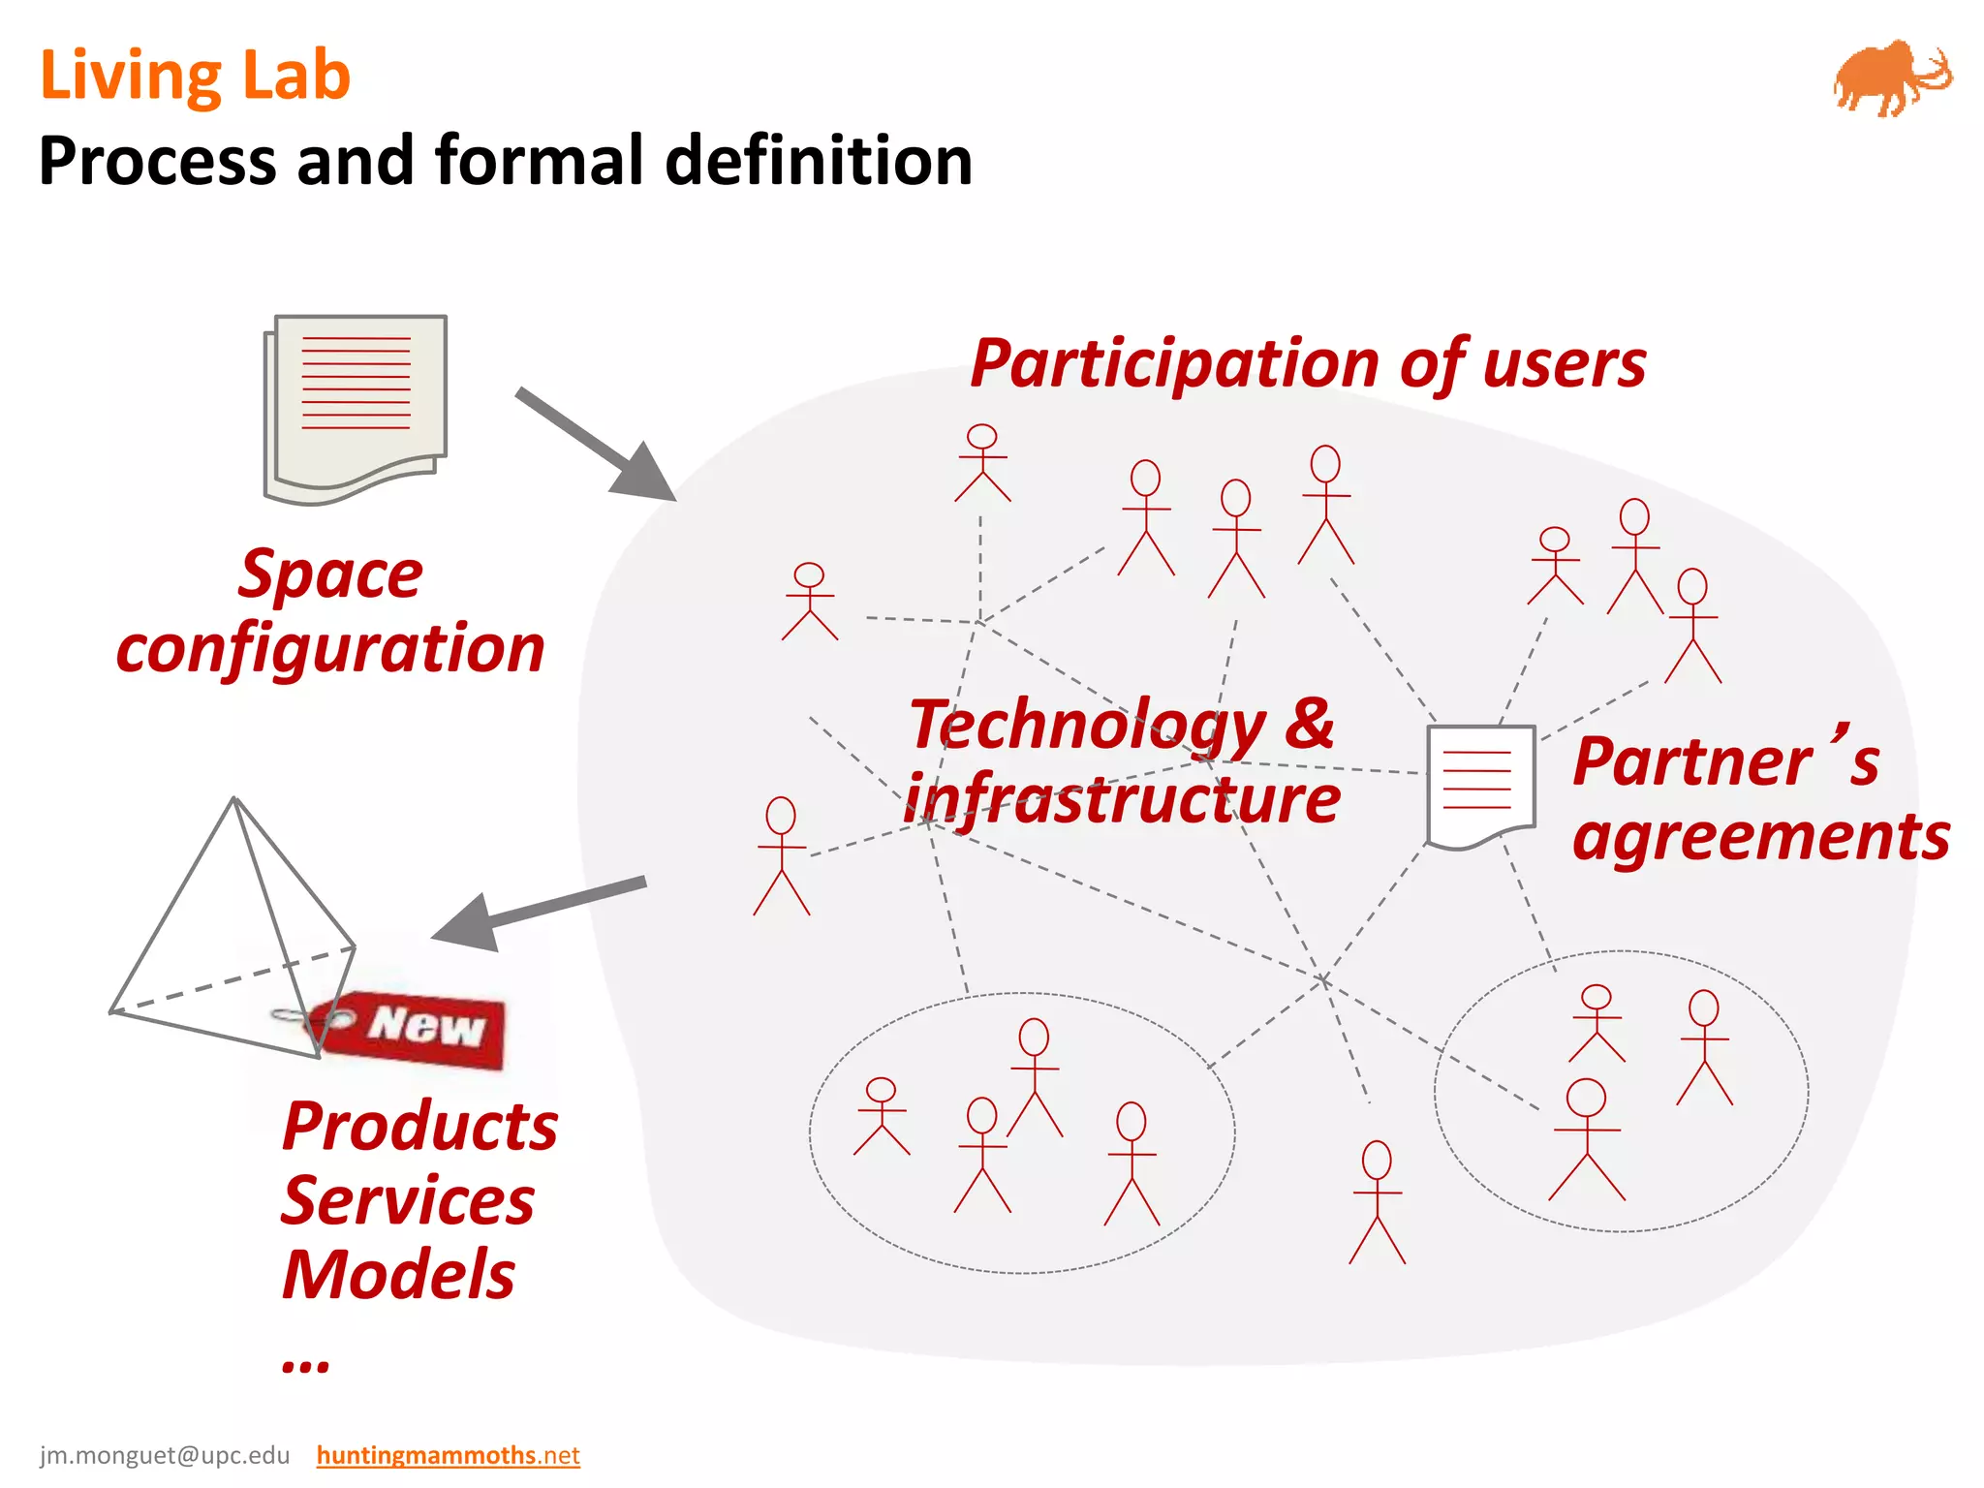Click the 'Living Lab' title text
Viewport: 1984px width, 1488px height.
(195, 76)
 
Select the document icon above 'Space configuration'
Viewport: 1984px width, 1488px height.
(356, 407)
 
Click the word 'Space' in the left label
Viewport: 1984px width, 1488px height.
(330, 575)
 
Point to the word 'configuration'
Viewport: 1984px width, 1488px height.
(330, 649)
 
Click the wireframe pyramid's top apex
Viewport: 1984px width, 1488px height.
(234, 800)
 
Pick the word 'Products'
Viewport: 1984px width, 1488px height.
(419, 1128)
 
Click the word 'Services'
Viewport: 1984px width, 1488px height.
(407, 1201)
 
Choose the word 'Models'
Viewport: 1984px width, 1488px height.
(398, 1275)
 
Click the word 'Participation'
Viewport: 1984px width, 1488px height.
(1173, 365)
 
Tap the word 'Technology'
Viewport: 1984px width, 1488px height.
(1087, 725)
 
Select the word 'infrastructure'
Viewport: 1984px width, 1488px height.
(1122, 799)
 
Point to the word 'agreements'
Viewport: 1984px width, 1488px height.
(1760, 837)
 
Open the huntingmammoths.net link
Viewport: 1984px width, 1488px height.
(448, 1455)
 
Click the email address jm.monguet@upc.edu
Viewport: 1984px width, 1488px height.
(165, 1455)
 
